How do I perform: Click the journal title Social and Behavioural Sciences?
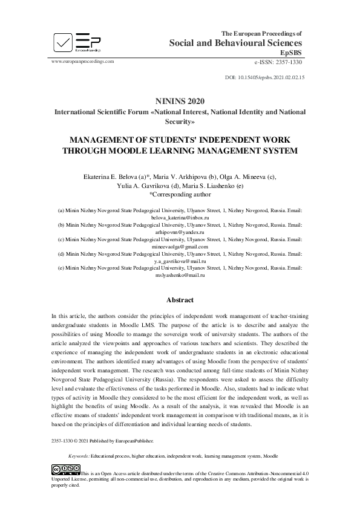click(x=235, y=43)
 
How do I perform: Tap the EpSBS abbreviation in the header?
click(x=292, y=53)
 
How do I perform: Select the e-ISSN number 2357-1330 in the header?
click(x=287, y=62)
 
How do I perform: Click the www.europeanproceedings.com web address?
click(x=83, y=61)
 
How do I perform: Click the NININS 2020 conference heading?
click(x=180, y=102)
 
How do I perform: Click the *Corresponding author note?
click(x=180, y=195)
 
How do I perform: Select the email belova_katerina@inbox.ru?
click(x=180, y=216)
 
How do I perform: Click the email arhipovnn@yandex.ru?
click(x=180, y=231)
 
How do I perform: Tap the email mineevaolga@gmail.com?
click(x=180, y=246)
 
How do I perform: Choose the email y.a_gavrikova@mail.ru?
click(x=180, y=261)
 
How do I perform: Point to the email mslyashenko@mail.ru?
click(x=180, y=275)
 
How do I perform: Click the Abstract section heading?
click(x=180, y=300)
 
